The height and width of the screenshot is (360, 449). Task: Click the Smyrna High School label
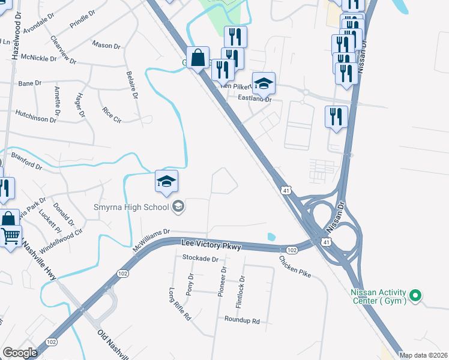click(x=131, y=208)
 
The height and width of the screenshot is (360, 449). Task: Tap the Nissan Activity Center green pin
click(x=414, y=295)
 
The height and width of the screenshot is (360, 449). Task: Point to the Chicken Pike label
click(x=295, y=266)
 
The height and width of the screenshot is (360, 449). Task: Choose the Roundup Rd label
click(x=243, y=321)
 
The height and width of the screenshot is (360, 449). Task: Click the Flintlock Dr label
click(x=242, y=292)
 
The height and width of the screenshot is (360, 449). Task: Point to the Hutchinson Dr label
click(x=35, y=116)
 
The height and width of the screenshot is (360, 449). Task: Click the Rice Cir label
click(x=112, y=115)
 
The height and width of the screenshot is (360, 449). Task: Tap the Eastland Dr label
click(x=255, y=98)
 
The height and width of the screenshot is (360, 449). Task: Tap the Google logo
click(x=20, y=353)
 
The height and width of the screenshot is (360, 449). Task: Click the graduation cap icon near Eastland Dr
click(x=263, y=83)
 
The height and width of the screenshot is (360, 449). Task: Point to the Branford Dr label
click(x=26, y=161)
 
